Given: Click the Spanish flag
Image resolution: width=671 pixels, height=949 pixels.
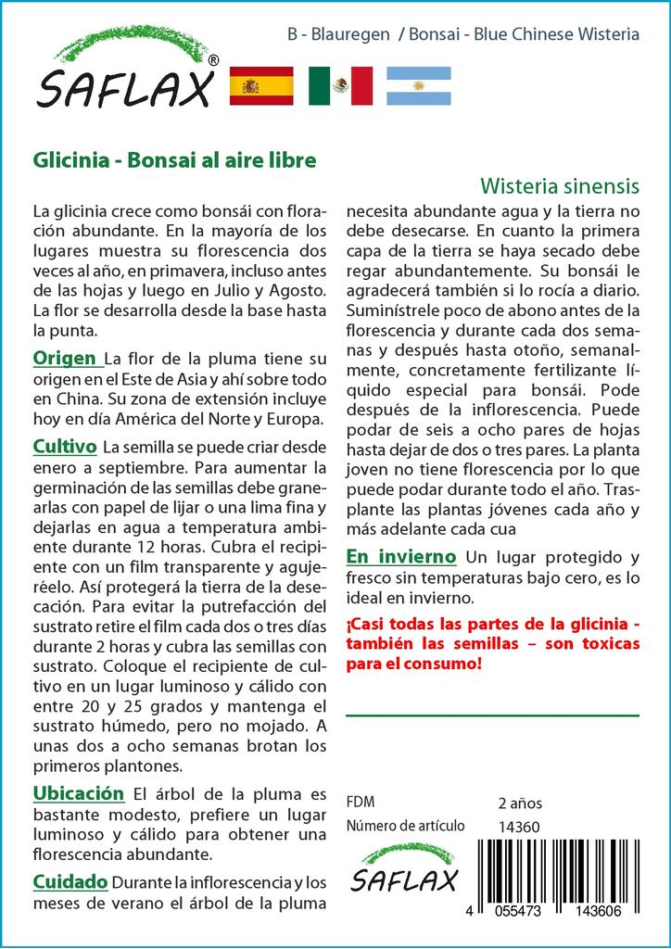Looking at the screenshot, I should coord(261,85).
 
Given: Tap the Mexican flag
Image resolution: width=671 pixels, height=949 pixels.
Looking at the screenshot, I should coord(340,85).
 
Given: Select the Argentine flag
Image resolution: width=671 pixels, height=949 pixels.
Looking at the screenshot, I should coord(418,85).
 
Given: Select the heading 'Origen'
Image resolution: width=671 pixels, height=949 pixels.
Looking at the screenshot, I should coord(65,359).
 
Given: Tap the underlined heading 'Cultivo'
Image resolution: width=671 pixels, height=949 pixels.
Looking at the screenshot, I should coord(65,447).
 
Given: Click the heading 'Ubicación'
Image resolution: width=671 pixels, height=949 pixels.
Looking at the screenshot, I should coord(79,793).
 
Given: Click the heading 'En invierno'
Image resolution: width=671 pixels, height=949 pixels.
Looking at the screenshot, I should coord(400,557).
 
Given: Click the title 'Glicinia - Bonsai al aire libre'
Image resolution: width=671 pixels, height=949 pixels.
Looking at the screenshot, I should coord(174,158).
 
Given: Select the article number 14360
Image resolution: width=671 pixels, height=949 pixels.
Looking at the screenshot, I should coord(519,827).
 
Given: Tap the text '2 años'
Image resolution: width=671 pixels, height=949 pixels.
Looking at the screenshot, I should coord(520,803).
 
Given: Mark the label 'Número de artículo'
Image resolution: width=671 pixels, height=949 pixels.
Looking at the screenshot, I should coord(404,827).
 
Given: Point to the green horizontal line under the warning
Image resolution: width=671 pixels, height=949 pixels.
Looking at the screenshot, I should coord(492,715).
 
